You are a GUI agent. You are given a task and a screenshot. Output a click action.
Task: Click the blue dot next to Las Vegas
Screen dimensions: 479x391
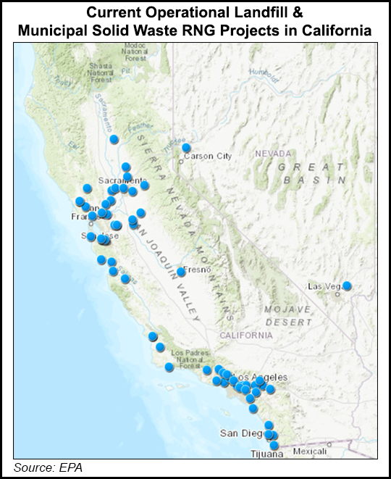click(x=347, y=286)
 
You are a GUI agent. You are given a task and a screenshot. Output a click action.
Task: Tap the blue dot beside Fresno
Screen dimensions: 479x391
click(x=180, y=272)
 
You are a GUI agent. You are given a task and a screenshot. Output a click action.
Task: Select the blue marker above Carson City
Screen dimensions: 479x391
click(x=186, y=148)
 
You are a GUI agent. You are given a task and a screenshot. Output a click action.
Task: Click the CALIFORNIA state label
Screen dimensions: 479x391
click(x=247, y=336)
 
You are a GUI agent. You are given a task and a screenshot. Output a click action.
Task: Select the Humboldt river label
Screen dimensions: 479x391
click(x=263, y=72)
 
